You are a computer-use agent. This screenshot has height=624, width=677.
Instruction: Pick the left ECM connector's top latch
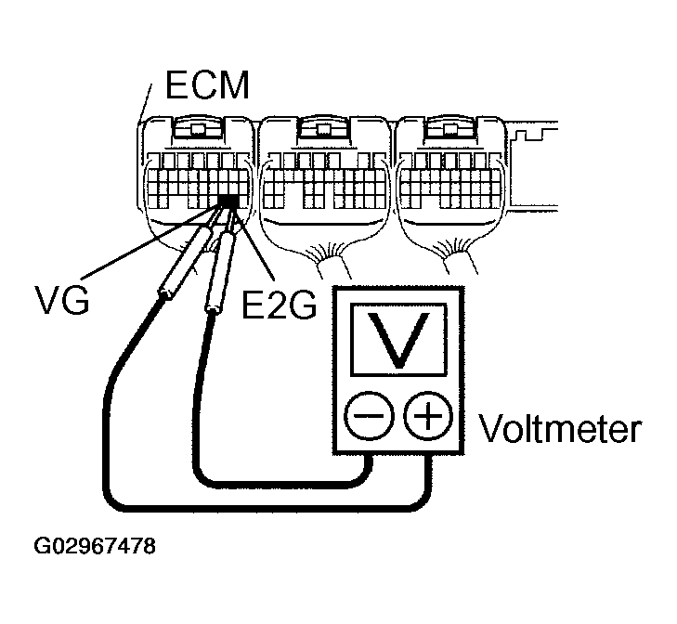(196, 129)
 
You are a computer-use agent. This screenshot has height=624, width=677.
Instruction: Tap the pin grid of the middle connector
(323, 180)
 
